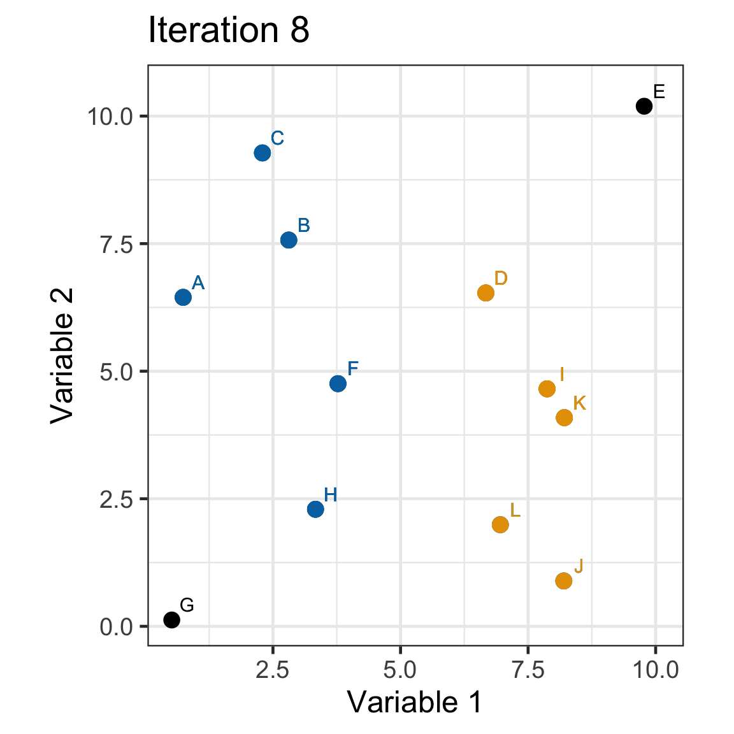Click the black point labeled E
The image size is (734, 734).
644,106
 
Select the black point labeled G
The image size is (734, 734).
171,619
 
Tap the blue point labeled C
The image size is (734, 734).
262,153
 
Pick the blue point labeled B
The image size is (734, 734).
289,240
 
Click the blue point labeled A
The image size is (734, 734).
183,297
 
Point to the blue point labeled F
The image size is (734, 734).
338,384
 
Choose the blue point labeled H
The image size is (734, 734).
315,509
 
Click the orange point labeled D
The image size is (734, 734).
486,292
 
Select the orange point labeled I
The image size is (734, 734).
547,389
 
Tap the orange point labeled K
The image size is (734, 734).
564,417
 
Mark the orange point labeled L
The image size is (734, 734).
500,524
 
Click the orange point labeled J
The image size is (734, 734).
563,580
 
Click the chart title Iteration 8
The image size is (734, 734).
229,31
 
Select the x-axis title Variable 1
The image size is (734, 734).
415,702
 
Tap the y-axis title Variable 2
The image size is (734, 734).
62,356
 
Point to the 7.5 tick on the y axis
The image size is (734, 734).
116,244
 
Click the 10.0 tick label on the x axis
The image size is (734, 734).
655,670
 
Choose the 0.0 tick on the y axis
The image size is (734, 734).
116,626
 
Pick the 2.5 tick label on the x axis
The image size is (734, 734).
273,670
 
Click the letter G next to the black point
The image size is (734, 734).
187,605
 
